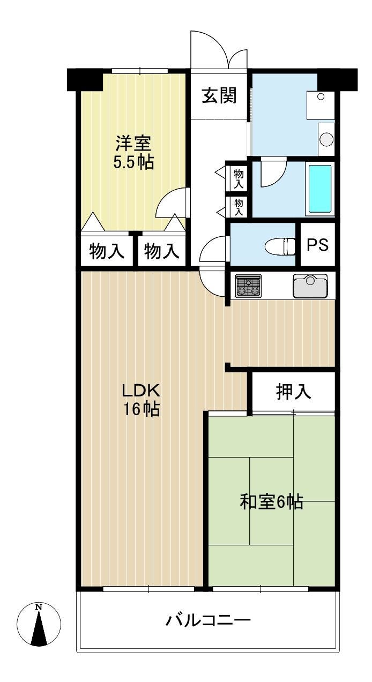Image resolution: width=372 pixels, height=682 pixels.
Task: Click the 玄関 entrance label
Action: [219, 95]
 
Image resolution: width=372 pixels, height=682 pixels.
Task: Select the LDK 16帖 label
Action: [141, 400]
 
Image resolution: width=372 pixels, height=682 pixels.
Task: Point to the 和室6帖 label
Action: [271, 502]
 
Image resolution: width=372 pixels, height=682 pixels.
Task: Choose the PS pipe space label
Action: [317, 244]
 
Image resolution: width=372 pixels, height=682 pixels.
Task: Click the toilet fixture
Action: [280, 246]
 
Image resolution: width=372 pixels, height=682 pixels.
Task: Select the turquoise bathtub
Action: [320, 189]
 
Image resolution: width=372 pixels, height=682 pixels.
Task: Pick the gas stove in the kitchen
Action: [248, 286]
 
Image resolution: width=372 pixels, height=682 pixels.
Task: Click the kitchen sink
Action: [310, 286]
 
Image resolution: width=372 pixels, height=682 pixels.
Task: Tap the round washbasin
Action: [326, 140]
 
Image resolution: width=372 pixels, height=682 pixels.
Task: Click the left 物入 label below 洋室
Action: [107, 251]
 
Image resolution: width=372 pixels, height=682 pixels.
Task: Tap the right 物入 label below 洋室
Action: [161, 251]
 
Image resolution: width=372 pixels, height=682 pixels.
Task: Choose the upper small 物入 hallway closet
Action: [239, 179]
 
